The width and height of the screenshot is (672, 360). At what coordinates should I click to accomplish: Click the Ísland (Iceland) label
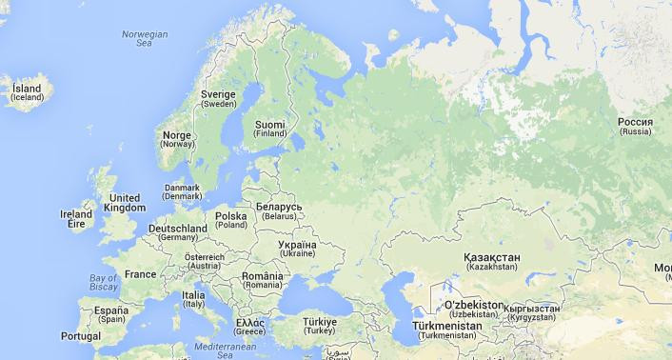pos(27,92)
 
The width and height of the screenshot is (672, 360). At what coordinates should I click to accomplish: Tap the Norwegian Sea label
pos(145,38)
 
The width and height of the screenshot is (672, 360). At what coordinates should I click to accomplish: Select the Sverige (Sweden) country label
pos(219,99)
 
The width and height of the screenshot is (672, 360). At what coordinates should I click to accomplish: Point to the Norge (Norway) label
pos(178,139)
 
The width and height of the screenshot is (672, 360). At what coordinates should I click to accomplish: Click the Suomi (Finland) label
pos(270,128)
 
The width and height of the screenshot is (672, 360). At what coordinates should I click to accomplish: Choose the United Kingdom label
pos(126,202)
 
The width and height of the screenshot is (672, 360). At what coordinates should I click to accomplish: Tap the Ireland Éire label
pos(76,219)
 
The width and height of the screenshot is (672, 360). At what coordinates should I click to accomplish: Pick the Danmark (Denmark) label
pos(182,192)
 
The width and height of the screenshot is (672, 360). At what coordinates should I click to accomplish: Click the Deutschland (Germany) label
pos(178,233)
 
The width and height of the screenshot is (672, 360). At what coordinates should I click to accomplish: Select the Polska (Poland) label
pos(231,220)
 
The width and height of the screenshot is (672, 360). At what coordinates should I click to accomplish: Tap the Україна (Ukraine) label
pos(296,250)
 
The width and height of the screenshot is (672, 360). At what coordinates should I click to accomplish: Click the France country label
pos(140,274)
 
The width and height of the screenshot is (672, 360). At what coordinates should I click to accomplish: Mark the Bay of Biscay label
pos(103,281)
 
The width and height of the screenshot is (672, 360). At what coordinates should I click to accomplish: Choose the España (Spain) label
pos(110,314)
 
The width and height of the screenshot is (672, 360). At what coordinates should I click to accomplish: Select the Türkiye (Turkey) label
pos(321,326)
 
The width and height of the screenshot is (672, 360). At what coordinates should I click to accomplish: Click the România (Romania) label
pos(262,280)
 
